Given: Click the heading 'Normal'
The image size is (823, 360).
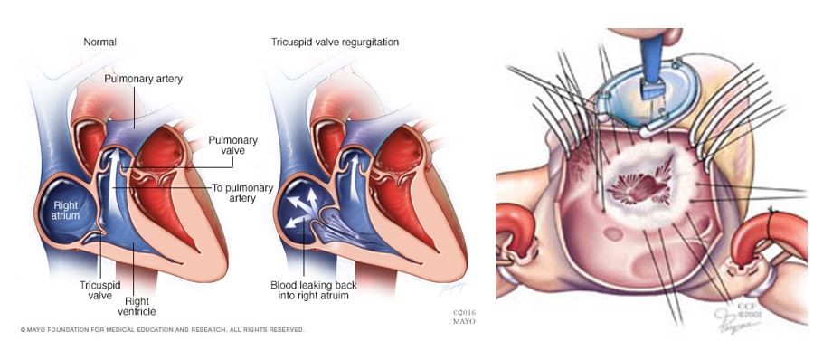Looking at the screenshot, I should click(99, 42).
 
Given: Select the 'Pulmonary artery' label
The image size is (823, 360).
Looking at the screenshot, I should click(143, 79).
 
